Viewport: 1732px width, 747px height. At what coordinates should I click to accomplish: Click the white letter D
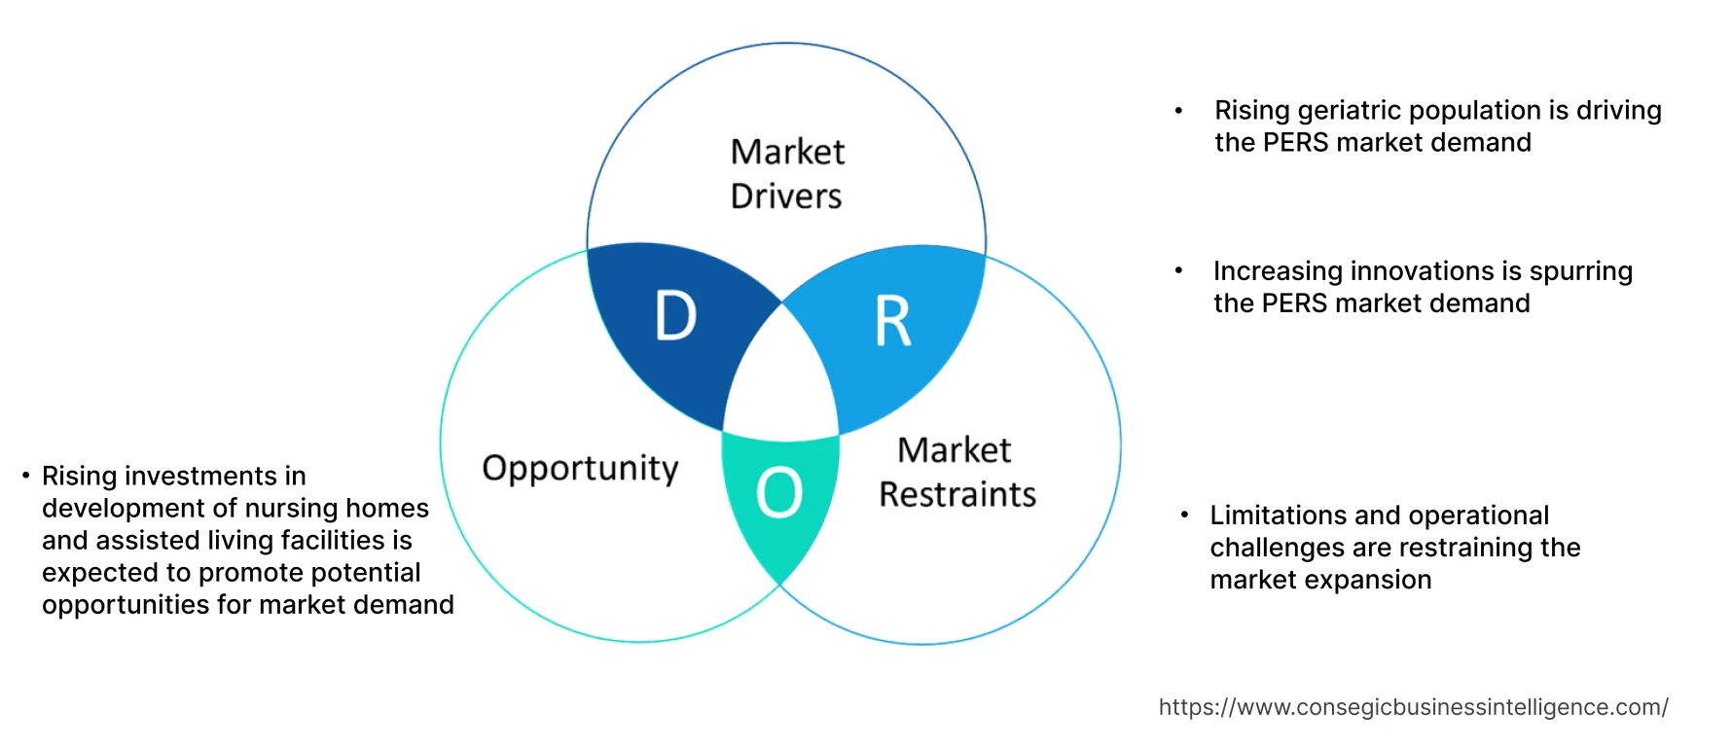tap(676, 316)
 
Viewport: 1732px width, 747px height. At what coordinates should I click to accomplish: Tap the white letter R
tap(893, 322)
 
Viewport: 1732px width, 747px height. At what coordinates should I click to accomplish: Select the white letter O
tap(779, 492)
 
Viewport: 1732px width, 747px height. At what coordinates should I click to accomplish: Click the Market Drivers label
tap(787, 174)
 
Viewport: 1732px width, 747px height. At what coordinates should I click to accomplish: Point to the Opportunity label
tap(580, 469)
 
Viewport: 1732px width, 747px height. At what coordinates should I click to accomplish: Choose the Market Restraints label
tap(956, 473)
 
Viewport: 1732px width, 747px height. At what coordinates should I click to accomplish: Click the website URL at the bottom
tap(1413, 707)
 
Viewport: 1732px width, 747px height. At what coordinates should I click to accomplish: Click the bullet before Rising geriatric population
tap(1178, 111)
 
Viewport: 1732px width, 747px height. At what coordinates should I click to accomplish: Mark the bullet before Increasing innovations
tap(1178, 271)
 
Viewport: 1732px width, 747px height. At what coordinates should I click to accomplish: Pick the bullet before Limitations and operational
tap(1184, 515)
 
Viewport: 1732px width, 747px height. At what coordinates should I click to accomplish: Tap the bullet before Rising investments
tap(26, 476)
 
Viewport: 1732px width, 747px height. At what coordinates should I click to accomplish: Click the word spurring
tap(1581, 271)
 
